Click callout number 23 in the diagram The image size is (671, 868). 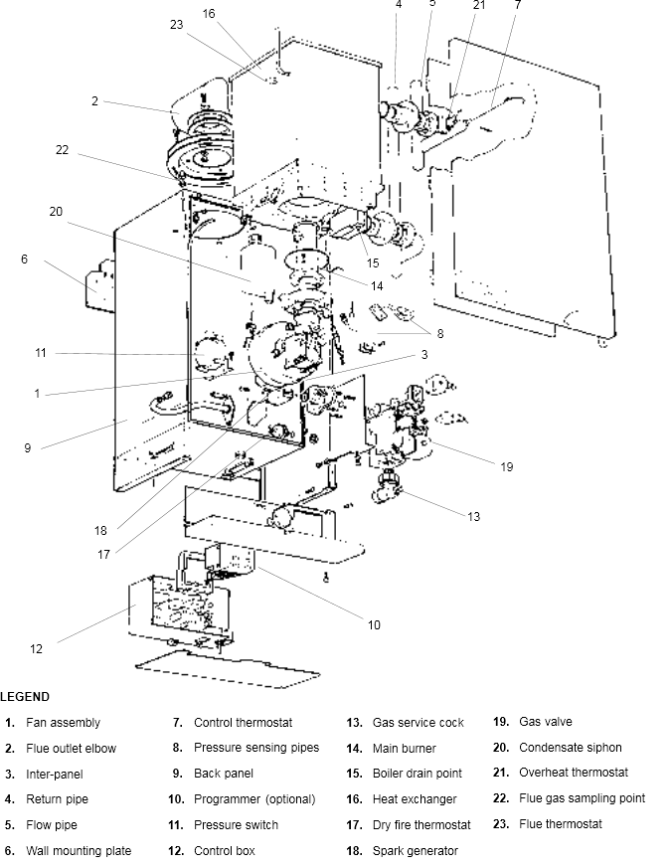point(177,24)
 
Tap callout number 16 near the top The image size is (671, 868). point(209,13)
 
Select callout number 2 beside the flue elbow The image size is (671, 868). point(94,101)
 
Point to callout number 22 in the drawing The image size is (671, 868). point(62,150)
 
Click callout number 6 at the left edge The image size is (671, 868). point(24,260)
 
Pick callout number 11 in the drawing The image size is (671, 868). point(41,353)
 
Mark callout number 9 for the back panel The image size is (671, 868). point(28,447)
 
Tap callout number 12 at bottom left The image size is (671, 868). point(36,649)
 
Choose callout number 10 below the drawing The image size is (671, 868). point(374,625)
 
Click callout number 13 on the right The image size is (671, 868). point(474,516)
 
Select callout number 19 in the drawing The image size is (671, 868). point(507,466)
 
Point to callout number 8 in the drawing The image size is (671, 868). point(439,334)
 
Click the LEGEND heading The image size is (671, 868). point(25,697)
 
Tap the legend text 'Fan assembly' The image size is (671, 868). point(63,723)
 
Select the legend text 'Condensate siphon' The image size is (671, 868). point(570,748)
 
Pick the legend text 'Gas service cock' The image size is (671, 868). point(418,723)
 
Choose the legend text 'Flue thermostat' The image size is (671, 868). point(560,824)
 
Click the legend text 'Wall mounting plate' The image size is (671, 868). point(79,851)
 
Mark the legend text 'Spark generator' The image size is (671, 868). point(415,851)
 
